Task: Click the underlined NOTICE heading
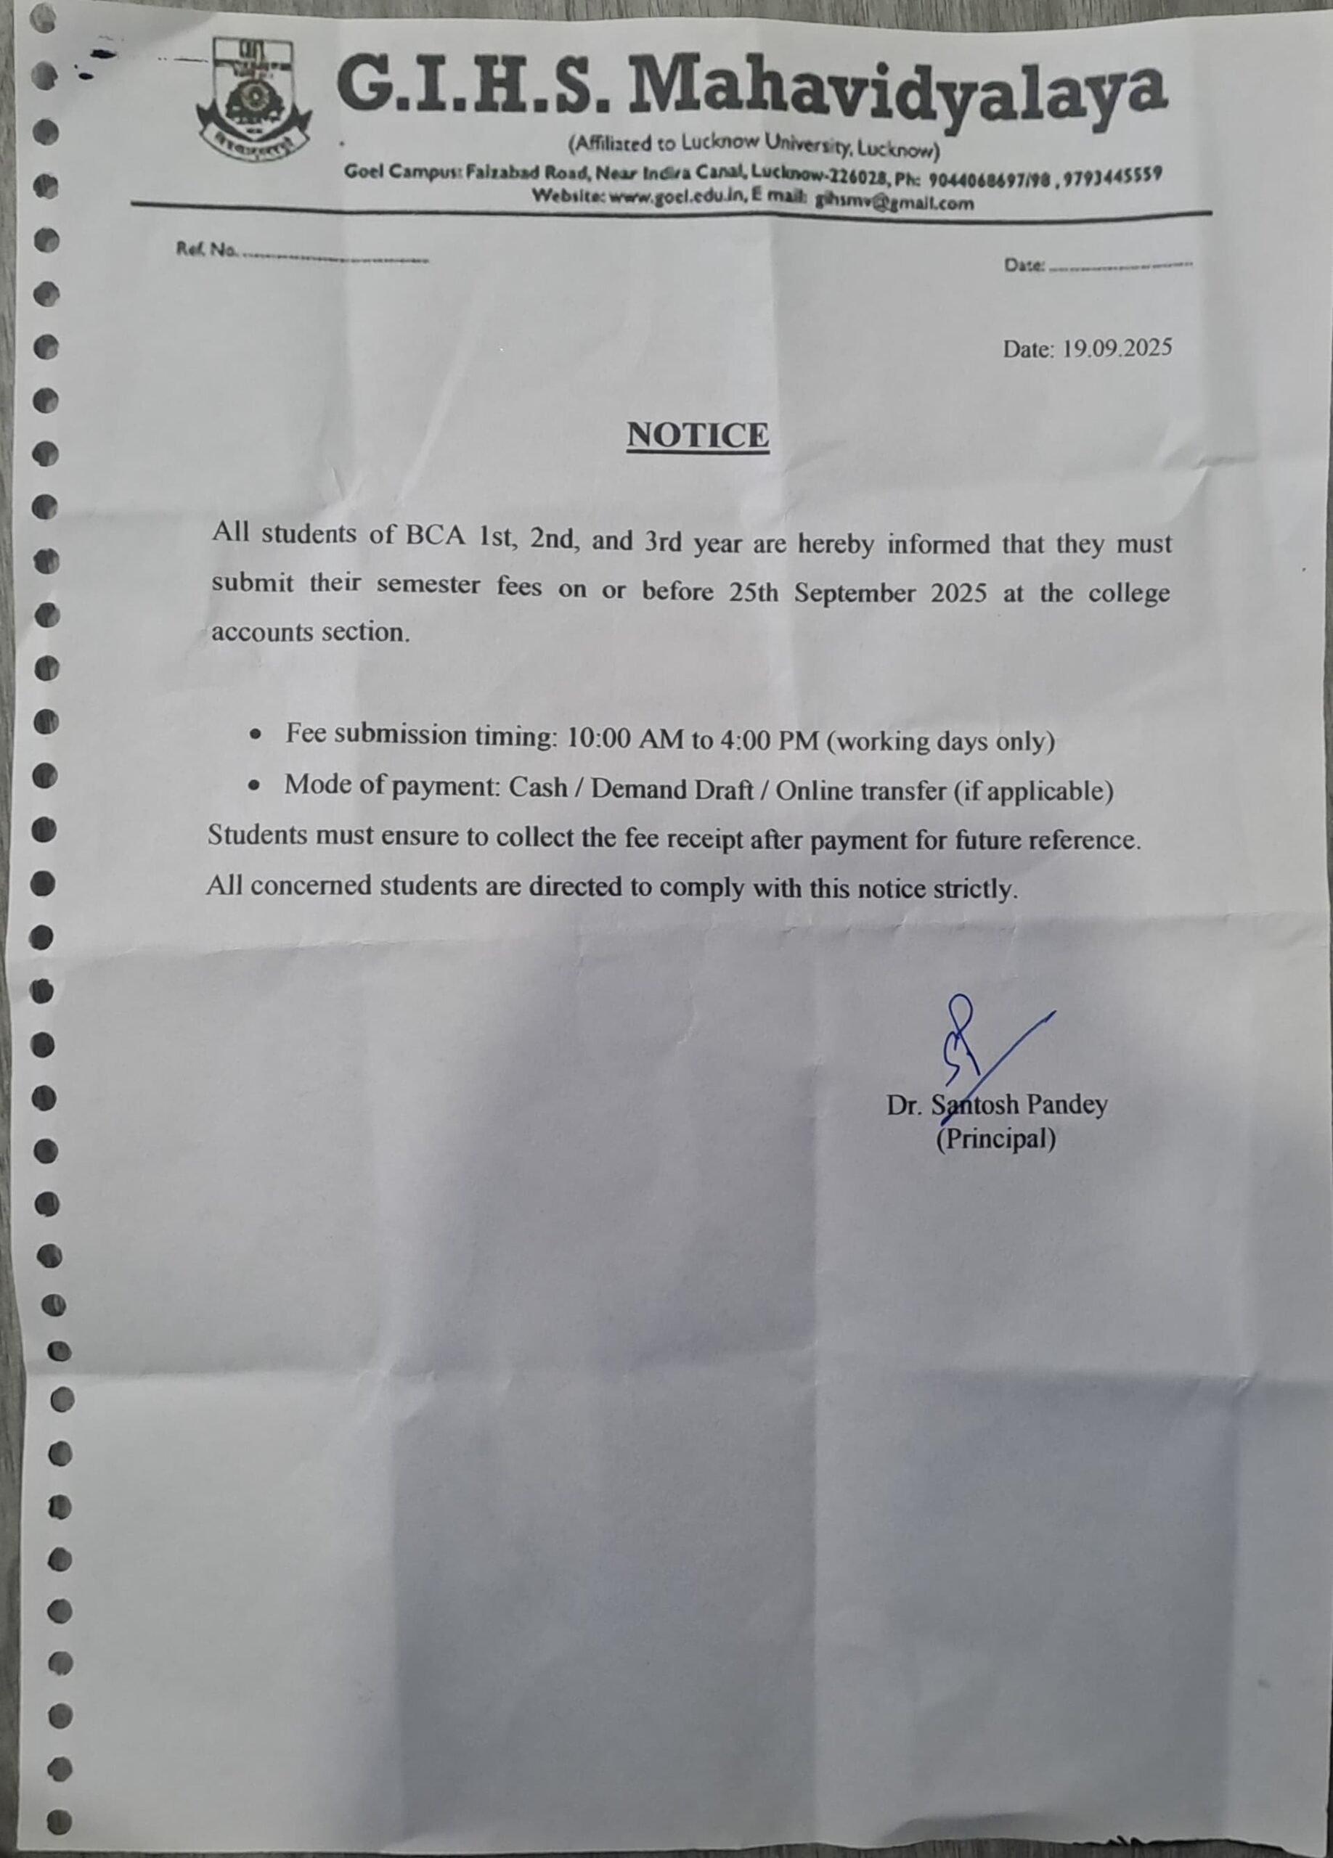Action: point(698,435)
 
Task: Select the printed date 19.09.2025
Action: point(1117,348)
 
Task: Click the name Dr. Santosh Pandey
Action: point(996,1105)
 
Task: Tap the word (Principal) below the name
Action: point(995,1139)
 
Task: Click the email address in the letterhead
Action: point(893,202)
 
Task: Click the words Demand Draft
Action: point(672,789)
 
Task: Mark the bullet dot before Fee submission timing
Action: point(257,736)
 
